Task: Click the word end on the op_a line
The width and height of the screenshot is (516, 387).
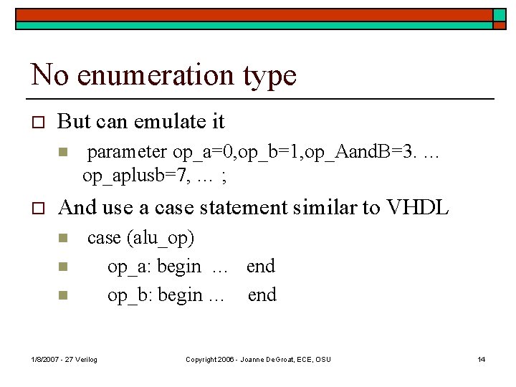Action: (261, 267)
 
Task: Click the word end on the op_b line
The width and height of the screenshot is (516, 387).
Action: (262, 295)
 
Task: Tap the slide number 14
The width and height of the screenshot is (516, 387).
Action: (482, 359)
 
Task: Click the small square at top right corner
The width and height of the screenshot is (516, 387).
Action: (499, 15)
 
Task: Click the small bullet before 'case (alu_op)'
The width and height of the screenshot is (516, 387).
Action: (62, 238)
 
